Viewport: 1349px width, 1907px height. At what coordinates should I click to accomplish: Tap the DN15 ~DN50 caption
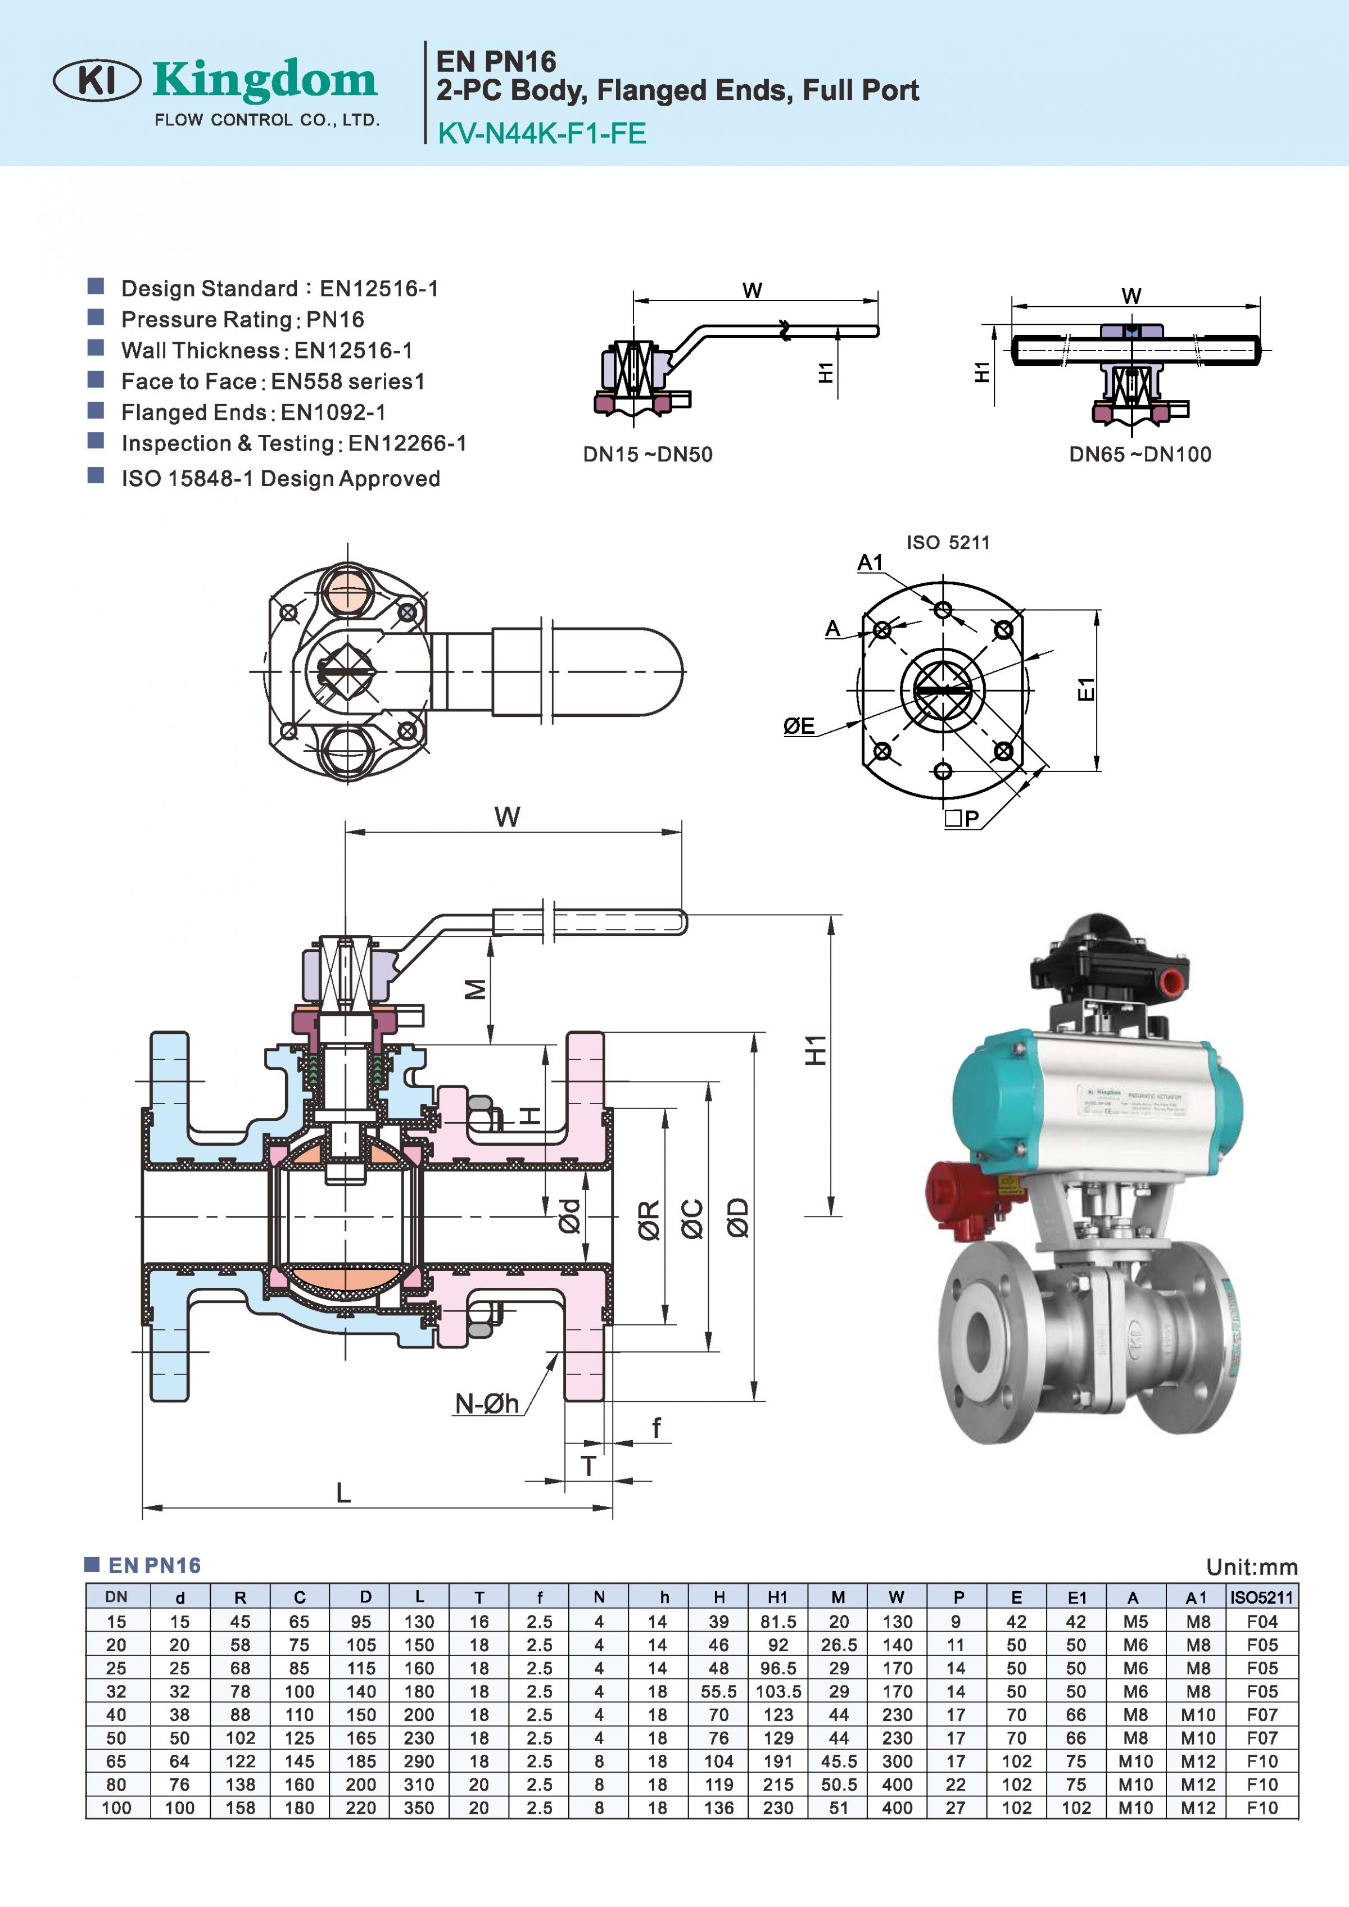(647, 455)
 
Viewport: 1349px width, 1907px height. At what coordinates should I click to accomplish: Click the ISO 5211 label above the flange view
(947, 542)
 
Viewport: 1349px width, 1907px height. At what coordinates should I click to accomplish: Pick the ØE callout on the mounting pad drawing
(799, 726)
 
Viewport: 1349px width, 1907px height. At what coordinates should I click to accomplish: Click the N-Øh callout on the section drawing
(487, 1403)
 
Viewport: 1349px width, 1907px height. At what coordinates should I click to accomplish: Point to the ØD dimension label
(737, 1217)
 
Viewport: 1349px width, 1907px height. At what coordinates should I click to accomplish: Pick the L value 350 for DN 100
(419, 1808)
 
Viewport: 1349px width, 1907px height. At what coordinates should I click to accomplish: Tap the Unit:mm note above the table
(1251, 1567)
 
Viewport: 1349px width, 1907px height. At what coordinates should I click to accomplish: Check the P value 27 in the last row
(956, 1808)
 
